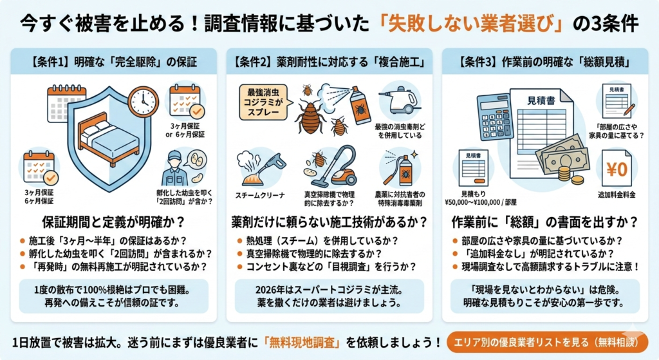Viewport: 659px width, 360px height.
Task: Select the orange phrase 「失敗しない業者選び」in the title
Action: (471, 23)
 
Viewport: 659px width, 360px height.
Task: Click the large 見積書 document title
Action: (541, 101)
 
